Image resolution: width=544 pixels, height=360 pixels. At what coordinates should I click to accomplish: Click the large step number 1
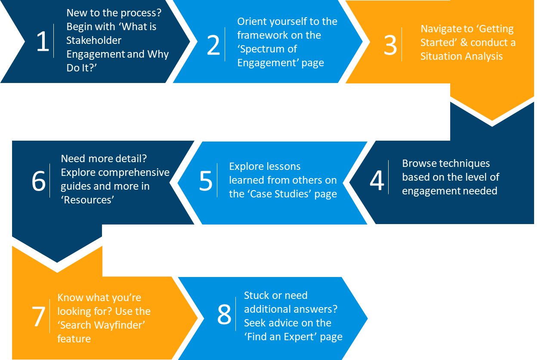click(x=43, y=42)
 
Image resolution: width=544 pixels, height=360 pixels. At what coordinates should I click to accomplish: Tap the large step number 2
click(x=213, y=45)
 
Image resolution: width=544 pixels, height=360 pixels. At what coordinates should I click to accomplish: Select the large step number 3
click(x=390, y=45)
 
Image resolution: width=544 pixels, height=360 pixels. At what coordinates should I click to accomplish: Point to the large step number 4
click(x=377, y=181)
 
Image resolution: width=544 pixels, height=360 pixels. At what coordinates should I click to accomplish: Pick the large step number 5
click(x=206, y=181)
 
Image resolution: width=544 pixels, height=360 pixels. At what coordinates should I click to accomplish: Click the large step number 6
click(x=39, y=181)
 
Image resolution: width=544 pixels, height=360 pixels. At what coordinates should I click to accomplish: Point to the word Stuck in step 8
click(x=257, y=295)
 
